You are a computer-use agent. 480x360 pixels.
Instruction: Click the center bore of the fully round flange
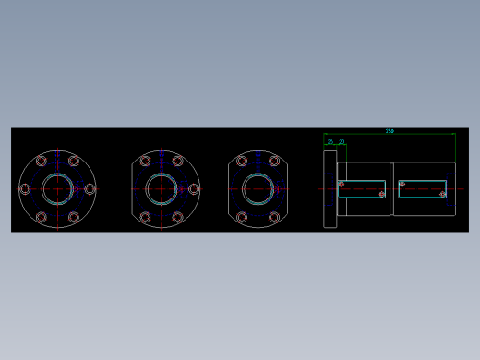click(57, 188)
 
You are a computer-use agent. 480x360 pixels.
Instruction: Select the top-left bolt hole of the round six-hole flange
click(42, 162)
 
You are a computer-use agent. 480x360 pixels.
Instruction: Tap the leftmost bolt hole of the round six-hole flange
click(25, 188)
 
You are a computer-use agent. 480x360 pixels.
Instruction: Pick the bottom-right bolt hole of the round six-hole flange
click(74, 217)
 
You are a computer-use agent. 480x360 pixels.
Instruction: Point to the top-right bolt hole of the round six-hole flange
click(74, 162)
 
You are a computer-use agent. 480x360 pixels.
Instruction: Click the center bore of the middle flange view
click(161, 188)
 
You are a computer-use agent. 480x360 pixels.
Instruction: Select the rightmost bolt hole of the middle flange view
click(193, 188)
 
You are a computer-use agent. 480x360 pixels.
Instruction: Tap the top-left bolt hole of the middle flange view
click(145, 162)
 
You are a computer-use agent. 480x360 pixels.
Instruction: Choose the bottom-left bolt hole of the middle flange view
click(145, 217)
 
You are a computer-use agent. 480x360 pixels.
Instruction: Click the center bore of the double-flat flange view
click(258, 188)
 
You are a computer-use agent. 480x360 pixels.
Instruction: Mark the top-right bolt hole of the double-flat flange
click(274, 162)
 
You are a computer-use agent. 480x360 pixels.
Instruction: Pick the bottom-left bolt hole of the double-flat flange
click(242, 217)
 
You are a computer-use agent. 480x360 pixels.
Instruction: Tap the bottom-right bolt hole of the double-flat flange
click(274, 217)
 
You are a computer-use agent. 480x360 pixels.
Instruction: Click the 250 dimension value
click(390, 131)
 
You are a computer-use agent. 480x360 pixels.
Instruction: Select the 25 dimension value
click(330, 141)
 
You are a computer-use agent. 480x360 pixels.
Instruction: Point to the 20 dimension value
click(342, 141)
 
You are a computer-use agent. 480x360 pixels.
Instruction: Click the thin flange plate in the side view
click(330, 188)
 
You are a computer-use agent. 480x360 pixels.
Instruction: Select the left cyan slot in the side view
click(361, 188)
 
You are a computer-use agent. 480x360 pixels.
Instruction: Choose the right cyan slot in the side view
click(423, 188)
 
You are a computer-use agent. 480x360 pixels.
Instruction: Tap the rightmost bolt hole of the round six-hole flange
click(90, 188)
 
